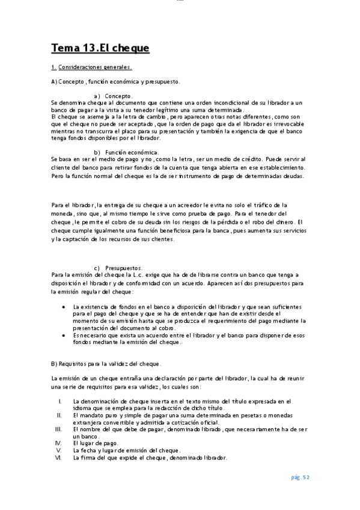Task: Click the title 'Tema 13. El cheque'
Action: [100, 48]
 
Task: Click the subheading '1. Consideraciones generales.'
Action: [91, 67]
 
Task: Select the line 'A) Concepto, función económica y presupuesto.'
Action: [115, 81]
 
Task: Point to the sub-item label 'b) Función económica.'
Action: [126, 152]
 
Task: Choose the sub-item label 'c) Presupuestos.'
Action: [118, 268]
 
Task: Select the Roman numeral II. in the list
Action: [59, 415]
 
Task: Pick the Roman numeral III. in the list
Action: [58, 429]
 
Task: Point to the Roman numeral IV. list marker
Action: [58, 443]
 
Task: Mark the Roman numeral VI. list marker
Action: [58, 458]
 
